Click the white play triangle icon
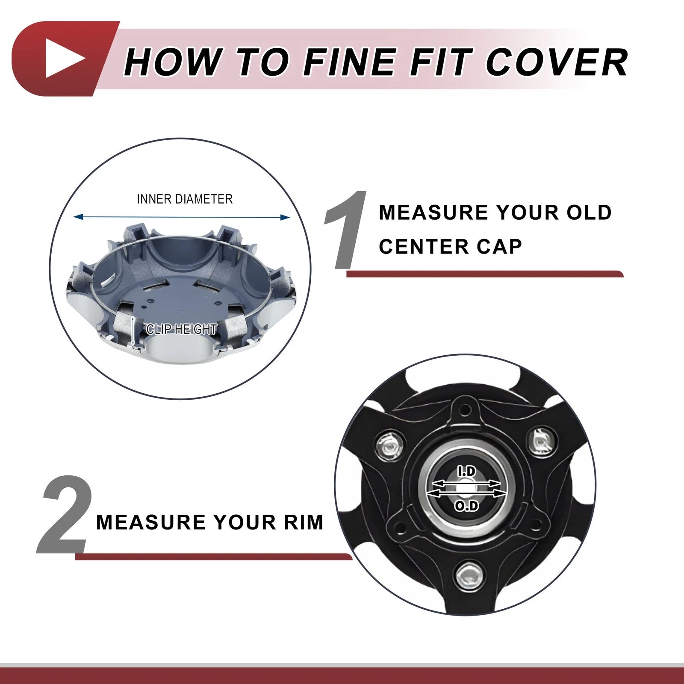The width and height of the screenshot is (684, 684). click(63, 58)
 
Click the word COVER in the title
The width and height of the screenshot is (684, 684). click(557, 62)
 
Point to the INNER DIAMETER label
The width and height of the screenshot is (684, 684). click(185, 199)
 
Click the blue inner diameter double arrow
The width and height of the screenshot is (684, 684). click(182, 217)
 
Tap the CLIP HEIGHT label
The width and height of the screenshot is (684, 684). click(182, 329)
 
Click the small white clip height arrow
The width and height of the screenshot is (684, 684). click(133, 330)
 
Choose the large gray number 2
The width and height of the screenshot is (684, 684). click(65, 514)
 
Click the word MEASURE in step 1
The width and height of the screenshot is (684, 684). click(433, 212)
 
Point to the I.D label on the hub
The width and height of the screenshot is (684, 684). click(466, 472)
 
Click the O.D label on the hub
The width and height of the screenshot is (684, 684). click(466, 506)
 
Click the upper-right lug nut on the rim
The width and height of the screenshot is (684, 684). click(541, 441)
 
